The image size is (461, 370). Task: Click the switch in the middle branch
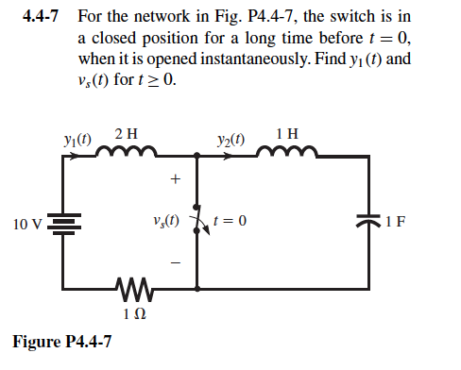196,224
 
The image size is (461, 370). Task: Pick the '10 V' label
27,225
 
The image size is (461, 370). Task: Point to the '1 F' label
398,225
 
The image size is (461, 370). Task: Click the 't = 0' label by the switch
232,224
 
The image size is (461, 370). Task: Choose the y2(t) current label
230,138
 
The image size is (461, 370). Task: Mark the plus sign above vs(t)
173,177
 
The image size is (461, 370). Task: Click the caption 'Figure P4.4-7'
62,341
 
